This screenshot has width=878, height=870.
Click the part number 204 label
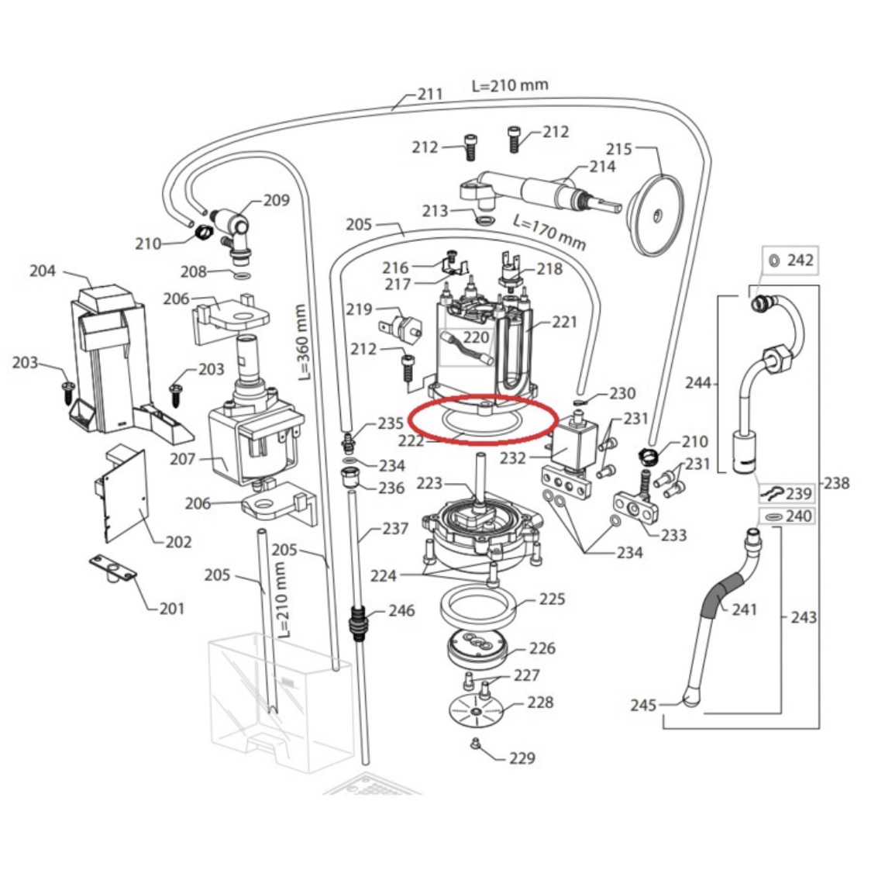point(43,271)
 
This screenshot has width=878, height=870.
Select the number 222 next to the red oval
point(411,440)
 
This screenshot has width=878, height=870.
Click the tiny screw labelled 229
point(473,745)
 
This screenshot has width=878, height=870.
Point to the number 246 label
point(401,610)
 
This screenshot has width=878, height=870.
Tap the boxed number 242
point(801,260)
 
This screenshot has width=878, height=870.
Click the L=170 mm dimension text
point(549,230)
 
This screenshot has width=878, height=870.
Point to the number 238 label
point(836,483)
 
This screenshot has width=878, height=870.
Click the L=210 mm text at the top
point(509,85)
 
